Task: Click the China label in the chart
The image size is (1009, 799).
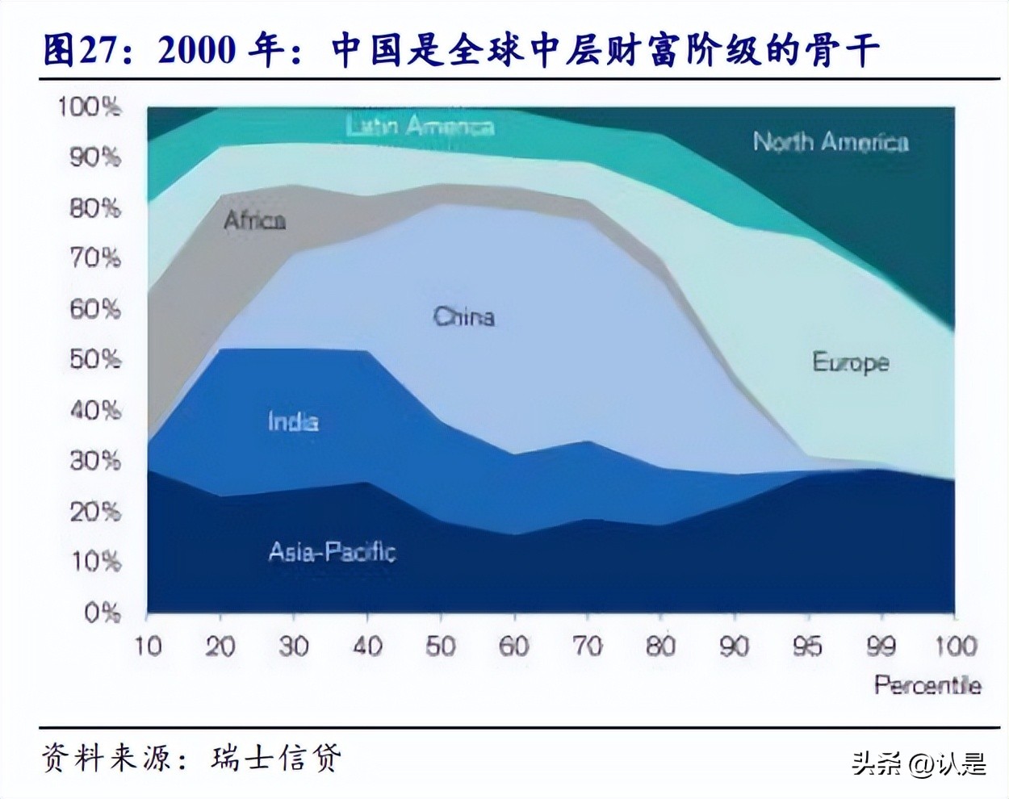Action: [463, 316]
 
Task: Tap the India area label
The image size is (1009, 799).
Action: [293, 421]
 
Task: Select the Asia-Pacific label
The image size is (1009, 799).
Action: [332, 552]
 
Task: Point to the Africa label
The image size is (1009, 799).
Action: [254, 220]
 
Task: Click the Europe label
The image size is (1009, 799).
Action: [850, 362]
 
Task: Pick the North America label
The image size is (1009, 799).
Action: [831, 142]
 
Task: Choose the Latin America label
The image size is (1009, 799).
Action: [420, 126]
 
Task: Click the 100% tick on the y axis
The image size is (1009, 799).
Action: [89, 107]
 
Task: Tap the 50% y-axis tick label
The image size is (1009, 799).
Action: [94, 359]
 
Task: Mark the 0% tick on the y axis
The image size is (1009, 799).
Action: [102, 613]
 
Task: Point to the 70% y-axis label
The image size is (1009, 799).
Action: [94, 258]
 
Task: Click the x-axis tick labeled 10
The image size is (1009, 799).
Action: [147, 646]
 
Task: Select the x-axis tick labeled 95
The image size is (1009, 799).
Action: [807, 646]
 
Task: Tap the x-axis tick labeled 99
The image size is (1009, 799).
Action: [881, 646]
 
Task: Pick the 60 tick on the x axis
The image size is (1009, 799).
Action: [513, 646]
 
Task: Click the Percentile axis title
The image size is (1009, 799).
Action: [927, 685]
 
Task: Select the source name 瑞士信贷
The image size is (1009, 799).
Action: [275, 757]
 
